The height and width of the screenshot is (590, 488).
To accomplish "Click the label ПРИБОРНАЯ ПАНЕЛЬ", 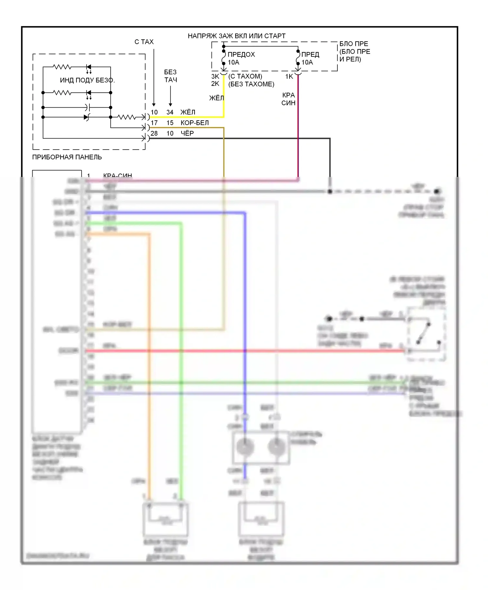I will coord(67,157).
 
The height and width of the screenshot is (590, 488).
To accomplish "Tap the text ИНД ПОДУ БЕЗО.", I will coord(87,80).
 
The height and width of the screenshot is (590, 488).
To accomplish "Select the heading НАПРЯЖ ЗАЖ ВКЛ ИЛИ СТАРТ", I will coord(237,36).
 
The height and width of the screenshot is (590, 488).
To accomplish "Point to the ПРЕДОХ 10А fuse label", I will coord(241,58).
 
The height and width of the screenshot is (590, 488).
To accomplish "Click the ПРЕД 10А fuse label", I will coord(310,58).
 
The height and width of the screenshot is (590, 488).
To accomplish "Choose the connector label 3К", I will coord(215,76).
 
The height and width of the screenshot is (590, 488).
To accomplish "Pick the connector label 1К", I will coord(289,76).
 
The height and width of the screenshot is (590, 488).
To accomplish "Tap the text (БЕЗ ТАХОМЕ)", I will coord(251,84).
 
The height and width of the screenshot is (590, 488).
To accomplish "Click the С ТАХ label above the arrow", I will coord(144,42).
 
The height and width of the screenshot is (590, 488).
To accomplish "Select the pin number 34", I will coord(170,112).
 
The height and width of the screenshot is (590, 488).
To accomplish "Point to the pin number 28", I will coord(154,133).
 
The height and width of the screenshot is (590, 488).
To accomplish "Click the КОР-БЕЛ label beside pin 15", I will coord(195,123).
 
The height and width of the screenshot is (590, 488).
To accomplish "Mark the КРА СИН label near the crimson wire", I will coord(288,99).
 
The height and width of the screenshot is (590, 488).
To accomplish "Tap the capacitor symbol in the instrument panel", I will coord(87,107).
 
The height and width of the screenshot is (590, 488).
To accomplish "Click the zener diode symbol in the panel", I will coord(86,117).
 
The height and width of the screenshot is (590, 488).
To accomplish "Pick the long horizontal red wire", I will coord(244,351).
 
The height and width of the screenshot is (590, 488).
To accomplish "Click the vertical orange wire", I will coord(150,358).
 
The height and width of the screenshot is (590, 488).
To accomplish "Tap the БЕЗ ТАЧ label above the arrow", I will coord(170,76).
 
